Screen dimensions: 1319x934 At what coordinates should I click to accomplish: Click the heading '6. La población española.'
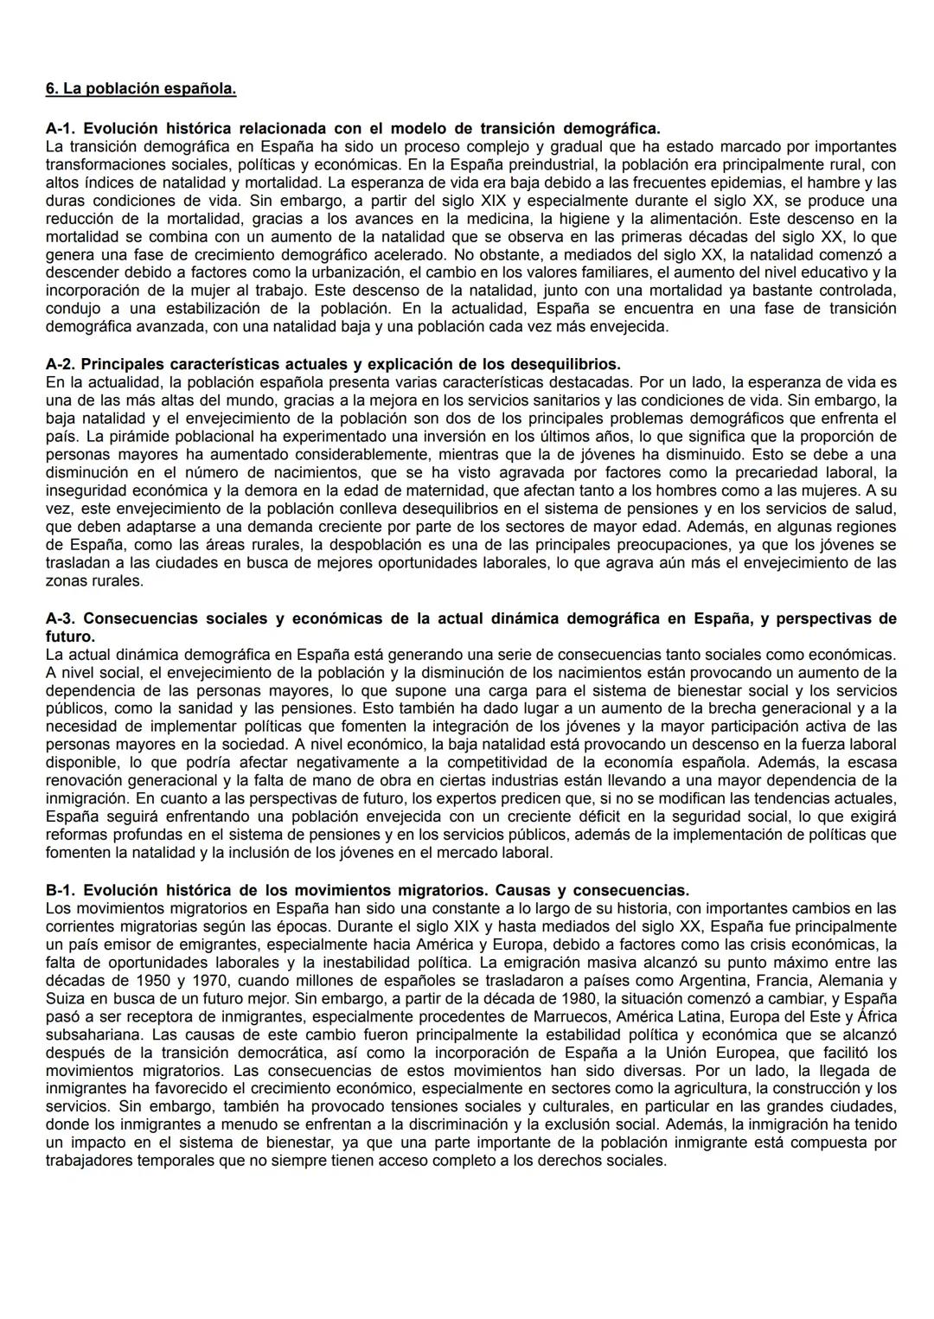tap(140, 89)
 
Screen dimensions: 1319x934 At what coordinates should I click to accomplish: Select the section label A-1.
tap(61, 129)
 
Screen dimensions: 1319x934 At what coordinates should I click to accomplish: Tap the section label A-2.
tap(61, 363)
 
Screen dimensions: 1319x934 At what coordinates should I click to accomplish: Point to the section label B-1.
tap(61, 890)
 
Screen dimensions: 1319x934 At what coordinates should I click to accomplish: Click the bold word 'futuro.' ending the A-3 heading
tap(69, 636)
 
